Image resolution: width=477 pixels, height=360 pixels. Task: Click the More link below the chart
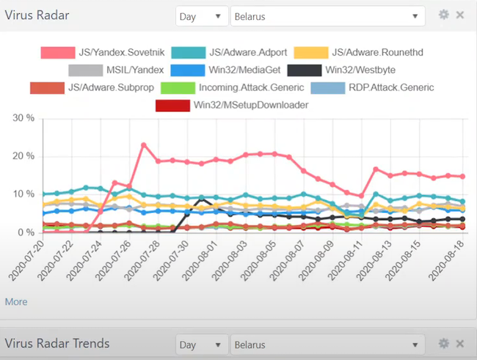pyautogui.click(x=16, y=301)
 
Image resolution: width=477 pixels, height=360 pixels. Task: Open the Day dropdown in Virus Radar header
pyautogui.click(x=201, y=15)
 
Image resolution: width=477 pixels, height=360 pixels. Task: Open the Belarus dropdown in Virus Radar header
pyautogui.click(x=327, y=15)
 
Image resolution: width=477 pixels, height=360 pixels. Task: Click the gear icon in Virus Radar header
pyautogui.click(x=443, y=15)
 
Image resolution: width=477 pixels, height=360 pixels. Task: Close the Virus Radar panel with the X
pyautogui.click(x=460, y=15)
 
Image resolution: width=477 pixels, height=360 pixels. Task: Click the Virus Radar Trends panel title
pyautogui.click(x=57, y=343)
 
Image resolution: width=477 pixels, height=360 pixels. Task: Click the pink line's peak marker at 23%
pyautogui.click(x=144, y=145)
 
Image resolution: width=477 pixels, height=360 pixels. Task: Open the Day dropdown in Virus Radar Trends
pyautogui.click(x=201, y=344)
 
